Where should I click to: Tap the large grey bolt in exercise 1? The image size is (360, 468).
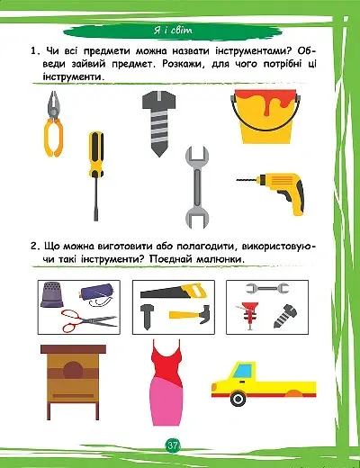point(159,123)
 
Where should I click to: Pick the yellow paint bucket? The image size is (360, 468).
point(265,116)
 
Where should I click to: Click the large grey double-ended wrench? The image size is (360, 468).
point(197,187)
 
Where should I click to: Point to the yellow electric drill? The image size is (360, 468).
point(273,192)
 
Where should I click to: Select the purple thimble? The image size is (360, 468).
point(52,294)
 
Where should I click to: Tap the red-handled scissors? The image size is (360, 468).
point(89,321)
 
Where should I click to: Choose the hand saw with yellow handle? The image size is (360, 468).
point(174,291)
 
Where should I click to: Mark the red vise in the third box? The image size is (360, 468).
point(248,315)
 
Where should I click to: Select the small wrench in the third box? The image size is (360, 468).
point(267,288)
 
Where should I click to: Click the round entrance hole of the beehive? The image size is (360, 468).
point(73,371)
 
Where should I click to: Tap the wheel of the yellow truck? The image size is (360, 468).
point(238,399)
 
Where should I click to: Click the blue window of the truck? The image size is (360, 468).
point(242,370)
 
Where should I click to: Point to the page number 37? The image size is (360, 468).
point(173,445)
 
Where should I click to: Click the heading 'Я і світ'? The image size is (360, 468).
point(173,31)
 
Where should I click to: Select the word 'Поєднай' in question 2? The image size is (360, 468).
point(170,259)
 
